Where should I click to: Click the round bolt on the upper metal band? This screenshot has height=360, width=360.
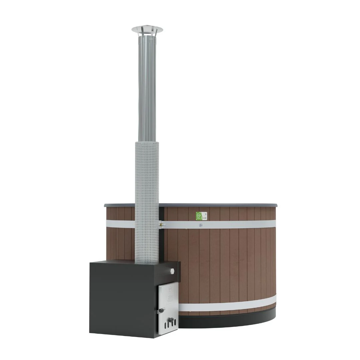click(201, 225)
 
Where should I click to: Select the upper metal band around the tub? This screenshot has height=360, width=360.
click(233, 224)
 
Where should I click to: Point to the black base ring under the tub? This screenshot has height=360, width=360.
click(233, 320)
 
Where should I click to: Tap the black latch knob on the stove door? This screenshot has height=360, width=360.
click(161, 311)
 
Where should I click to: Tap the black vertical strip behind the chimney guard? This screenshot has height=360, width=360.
click(161, 240)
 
